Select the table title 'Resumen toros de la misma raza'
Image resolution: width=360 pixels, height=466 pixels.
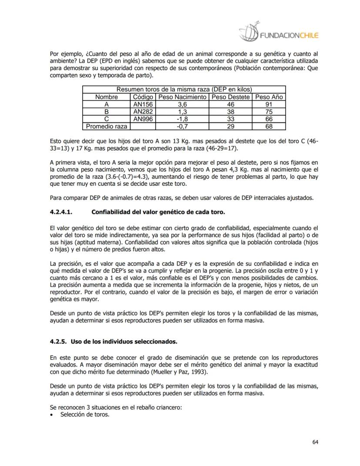(184, 89)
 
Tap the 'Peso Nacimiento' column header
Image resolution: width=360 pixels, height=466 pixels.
(182, 97)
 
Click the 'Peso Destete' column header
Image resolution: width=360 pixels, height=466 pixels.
(231, 97)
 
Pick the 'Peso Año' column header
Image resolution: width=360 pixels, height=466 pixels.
(269, 97)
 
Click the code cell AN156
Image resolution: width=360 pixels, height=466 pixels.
(143, 104)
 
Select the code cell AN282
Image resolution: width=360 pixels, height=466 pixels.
(143, 112)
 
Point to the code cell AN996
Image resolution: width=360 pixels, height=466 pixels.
(143, 119)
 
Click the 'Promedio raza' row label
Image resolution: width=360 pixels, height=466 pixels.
(107, 126)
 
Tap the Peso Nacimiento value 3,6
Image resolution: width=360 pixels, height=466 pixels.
(182, 104)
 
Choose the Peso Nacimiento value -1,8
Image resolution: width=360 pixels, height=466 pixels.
(182, 119)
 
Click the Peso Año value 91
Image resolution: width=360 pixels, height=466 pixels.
(269, 104)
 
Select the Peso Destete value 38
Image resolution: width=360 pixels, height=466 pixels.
(231, 112)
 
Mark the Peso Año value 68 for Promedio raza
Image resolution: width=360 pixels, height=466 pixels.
(269, 126)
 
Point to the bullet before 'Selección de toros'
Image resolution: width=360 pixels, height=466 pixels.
(53, 415)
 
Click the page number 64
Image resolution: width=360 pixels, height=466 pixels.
(315, 443)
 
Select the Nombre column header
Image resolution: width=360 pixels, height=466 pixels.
(107, 97)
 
